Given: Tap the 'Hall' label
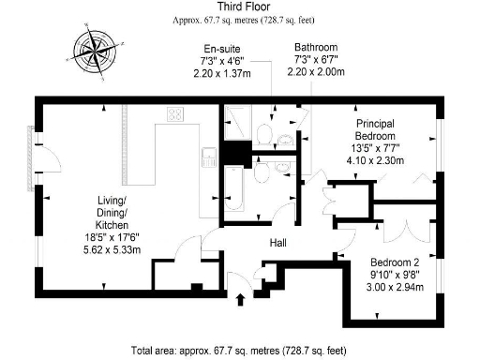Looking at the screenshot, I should [x=278, y=243].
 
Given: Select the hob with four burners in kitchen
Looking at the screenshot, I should [x=175, y=114].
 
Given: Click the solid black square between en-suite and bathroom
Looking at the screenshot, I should [x=232, y=153].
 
